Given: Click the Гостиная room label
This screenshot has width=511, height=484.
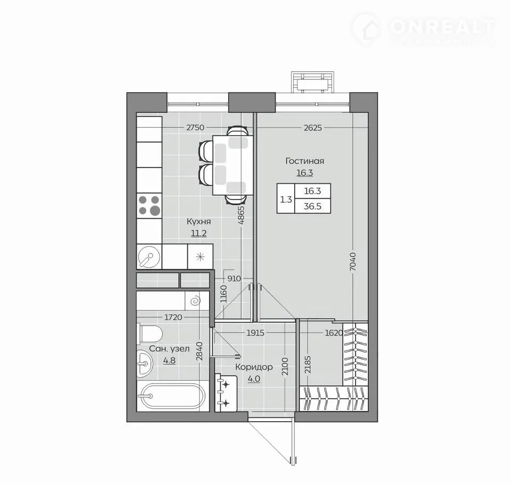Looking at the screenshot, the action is click(304, 161).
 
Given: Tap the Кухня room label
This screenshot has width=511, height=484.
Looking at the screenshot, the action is click(199, 221).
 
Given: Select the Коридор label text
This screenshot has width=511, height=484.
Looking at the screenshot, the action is click(254, 367).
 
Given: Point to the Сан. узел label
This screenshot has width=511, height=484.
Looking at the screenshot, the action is click(169, 349).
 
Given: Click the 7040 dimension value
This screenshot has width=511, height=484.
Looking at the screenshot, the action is click(352, 262).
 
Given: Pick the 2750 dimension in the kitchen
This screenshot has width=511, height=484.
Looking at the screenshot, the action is click(195, 128).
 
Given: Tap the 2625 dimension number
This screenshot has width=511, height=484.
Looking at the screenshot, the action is click(313, 128).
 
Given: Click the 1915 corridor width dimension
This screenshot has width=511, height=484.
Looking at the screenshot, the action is click(256, 333).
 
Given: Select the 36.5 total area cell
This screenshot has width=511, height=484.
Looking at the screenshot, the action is click(312, 206).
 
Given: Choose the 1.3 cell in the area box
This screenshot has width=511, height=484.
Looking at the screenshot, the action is click(286, 199).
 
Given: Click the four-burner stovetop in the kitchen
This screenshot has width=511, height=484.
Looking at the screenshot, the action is click(149, 205).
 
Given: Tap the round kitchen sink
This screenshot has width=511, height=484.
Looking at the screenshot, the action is click(149, 256).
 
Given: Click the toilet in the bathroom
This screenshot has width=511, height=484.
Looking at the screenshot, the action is click(151, 333).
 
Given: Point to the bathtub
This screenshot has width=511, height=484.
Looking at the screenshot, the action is click(171, 396).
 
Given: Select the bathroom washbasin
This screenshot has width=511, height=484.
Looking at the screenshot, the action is click(144, 363).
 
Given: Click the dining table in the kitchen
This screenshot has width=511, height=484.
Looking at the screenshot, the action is click(233, 165).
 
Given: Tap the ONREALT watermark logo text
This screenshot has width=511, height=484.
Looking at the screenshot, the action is click(442, 27).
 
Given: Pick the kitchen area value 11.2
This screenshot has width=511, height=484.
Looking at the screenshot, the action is click(199, 233).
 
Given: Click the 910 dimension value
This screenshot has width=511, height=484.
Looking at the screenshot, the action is click(234, 279).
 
